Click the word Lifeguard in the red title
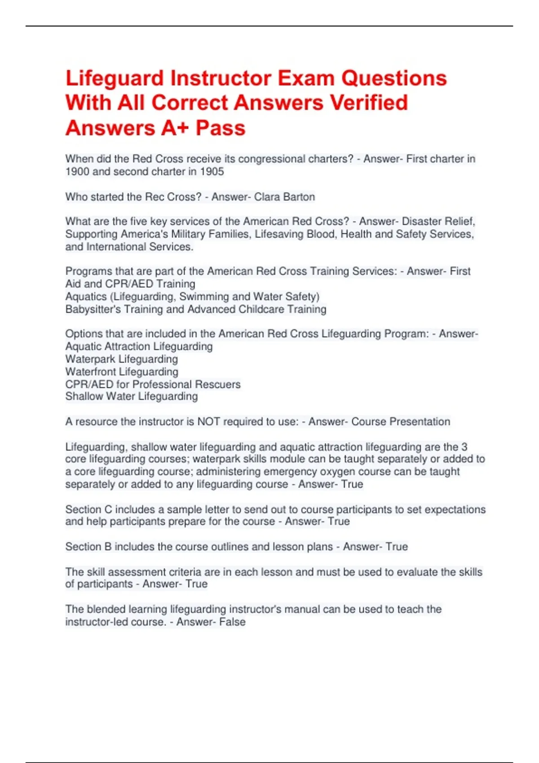[x=115, y=79]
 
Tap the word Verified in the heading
[x=369, y=103]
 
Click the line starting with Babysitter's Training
[x=196, y=309]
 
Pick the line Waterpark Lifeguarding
[x=121, y=359]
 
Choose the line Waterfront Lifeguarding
[x=122, y=372]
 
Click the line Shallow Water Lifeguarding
[x=132, y=396]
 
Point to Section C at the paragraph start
[x=88, y=509]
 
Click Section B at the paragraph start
[x=88, y=547]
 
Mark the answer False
[x=232, y=622]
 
